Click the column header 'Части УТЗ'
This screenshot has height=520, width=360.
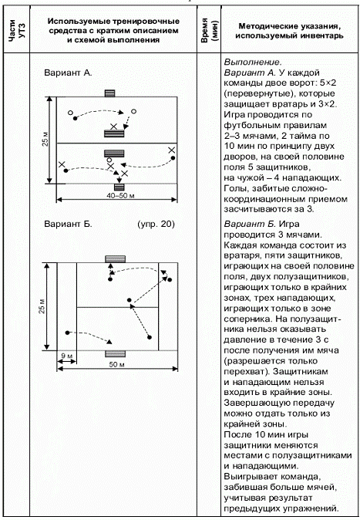tap(16, 31)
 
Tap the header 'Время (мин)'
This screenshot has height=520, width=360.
tap(209, 31)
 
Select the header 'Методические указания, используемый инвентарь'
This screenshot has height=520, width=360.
tap(289, 31)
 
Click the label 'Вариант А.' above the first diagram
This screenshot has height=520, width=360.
tap(68, 73)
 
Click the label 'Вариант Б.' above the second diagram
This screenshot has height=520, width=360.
tap(68, 225)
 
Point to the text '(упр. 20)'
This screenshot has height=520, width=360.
tap(156, 225)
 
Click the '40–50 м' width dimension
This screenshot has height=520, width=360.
tap(120, 196)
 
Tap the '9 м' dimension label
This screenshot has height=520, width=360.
tap(66, 356)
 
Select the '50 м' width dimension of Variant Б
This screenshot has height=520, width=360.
tap(116, 364)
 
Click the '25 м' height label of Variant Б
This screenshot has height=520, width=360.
tap(42, 306)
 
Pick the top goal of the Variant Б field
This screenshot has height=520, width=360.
tap(116, 259)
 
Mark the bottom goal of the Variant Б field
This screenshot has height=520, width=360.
tap(116, 354)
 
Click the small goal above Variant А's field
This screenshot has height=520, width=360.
tap(109, 93)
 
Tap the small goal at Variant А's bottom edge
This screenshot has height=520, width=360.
tap(119, 187)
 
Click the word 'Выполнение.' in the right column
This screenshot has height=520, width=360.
tap(253, 62)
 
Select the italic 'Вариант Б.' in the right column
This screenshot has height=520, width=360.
tap(250, 225)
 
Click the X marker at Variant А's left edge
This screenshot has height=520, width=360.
tap(62, 164)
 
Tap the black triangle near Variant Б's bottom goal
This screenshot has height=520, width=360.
tap(109, 342)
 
